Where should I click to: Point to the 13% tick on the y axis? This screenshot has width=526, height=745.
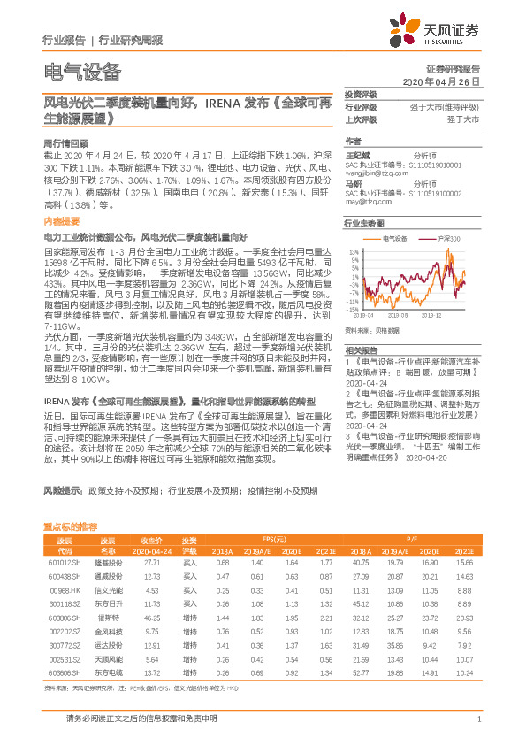(x=354, y=252)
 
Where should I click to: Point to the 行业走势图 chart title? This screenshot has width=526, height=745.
(x=364, y=225)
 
